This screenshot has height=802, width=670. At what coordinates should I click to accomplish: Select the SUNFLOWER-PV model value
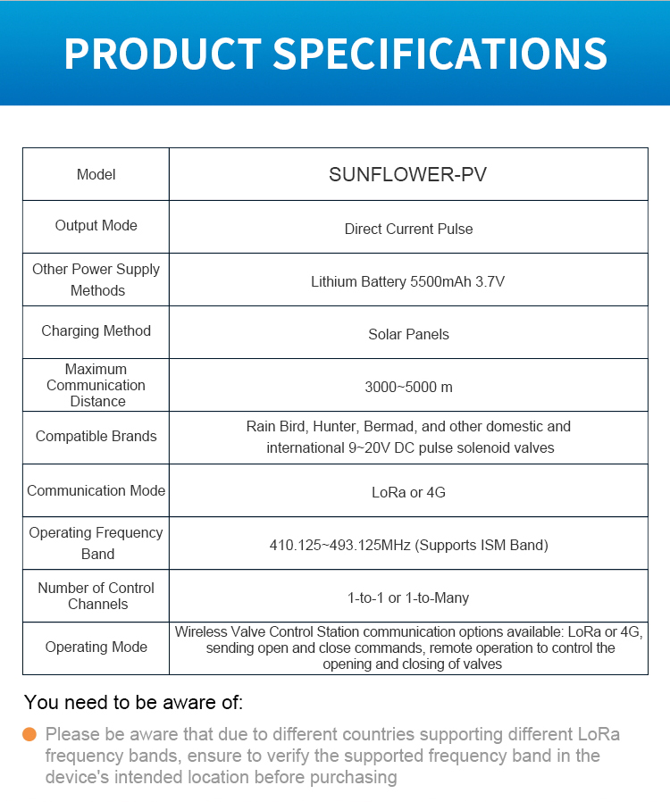point(408,174)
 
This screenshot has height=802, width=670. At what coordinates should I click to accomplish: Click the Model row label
point(96,174)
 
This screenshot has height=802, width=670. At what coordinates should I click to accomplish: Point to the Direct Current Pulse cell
point(408,229)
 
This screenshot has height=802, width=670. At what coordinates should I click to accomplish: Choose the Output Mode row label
point(96,226)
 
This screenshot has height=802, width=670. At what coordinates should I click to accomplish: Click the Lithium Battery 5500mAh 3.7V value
point(408,281)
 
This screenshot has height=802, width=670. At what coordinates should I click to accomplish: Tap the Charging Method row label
point(96,331)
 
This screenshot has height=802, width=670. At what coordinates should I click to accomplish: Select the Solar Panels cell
point(408,334)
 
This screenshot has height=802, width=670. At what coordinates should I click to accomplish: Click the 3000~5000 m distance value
point(408,387)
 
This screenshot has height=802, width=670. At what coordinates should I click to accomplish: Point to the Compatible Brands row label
point(96,437)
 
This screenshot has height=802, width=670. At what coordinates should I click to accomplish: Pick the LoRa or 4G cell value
point(408,492)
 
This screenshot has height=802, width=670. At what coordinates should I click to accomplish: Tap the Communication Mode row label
point(96,490)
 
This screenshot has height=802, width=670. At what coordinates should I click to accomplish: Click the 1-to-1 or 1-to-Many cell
point(408,597)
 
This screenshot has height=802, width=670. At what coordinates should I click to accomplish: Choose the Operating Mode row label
point(96,647)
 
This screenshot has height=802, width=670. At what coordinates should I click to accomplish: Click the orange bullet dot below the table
point(29,734)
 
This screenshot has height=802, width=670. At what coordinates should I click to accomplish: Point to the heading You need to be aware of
point(133,703)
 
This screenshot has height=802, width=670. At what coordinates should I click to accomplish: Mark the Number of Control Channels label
point(96,596)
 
